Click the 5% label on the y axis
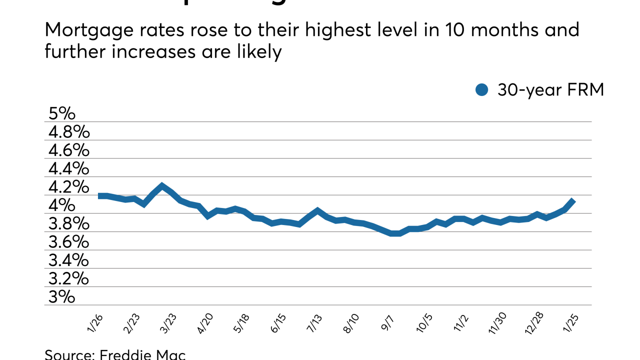point(61,113)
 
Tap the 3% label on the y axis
point(61,297)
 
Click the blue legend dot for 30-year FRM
point(481,90)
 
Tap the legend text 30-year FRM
point(550,90)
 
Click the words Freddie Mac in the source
point(143,355)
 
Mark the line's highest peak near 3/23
point(161,186)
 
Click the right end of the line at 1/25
point(573,201)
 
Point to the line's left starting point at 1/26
point(99,195)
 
